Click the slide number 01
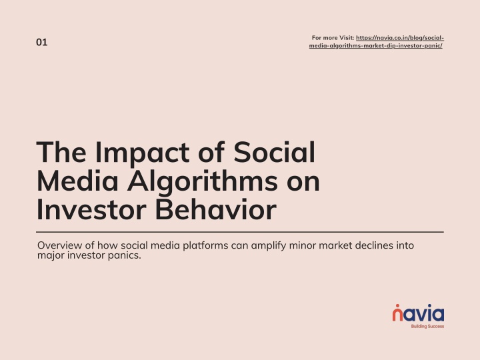41,42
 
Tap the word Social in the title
274,152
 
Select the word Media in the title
78,181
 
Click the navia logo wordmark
418,313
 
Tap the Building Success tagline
427,326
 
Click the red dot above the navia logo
397,306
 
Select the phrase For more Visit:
333,38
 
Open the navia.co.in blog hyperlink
377,42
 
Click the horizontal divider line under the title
240,232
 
